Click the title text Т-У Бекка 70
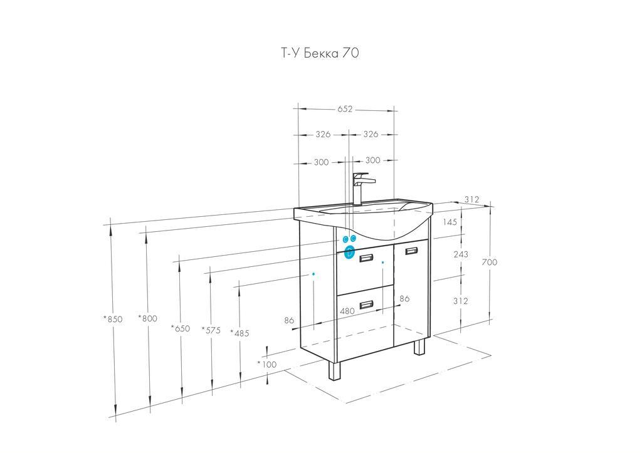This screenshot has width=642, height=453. click(x=320, y=54)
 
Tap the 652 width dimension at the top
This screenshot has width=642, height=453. click(x=345, y=109)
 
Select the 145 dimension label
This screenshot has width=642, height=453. click(x=450, y=222)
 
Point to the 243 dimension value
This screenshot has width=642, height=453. click(x=461, y=254)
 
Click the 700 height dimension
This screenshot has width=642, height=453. click(x=489, y=262)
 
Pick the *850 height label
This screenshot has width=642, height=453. click(x=113, y=319)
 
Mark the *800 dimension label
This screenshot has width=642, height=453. click(x=147, y=318)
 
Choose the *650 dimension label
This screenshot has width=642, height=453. click(x=181, y=328)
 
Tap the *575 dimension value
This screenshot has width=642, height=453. click(x=211, y=330)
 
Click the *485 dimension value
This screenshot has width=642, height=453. click(x=239, y=333)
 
